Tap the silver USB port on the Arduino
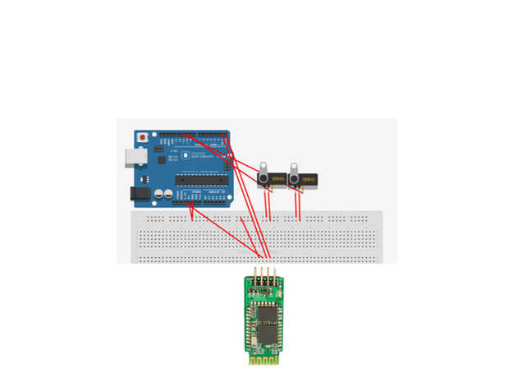tap(129, 157)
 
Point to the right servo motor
tap(303, 178)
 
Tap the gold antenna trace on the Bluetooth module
tap(262, 357)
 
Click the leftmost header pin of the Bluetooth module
tap(254, 274)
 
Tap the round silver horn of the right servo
tap(294, 178)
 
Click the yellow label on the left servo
tap(277, 178)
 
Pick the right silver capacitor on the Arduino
tap(168, 195)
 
